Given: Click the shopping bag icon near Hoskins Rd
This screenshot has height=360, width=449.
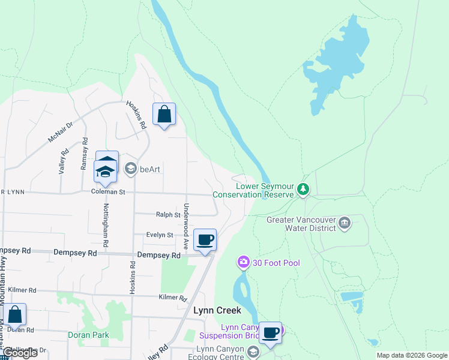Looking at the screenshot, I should (x=164, y=114).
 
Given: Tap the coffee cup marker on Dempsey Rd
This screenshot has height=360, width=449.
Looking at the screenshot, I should (x=205, y=240).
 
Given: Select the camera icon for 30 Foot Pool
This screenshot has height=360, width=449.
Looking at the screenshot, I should (x=243, y=262).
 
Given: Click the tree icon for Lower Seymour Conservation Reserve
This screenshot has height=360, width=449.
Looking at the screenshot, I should (x=304, y=190).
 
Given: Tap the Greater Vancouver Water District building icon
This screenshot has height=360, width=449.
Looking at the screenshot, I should (x=345, y=223).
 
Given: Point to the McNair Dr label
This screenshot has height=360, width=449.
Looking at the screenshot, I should (x=60, y=133).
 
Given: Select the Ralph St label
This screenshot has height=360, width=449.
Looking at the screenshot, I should (x=168, y=214).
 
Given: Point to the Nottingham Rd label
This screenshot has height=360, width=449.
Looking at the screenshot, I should (x=106, y=226).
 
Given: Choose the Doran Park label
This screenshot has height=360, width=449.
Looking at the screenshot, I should (x=88, y=335).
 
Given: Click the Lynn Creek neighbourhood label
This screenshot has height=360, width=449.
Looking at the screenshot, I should (x=217, y=310).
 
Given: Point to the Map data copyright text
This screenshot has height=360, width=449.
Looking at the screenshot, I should (x=411, y=355).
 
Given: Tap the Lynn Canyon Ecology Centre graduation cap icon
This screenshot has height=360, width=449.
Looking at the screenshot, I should (x=253, y=352).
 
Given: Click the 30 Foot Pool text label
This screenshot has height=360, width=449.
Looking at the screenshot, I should (x=276, y=263).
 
